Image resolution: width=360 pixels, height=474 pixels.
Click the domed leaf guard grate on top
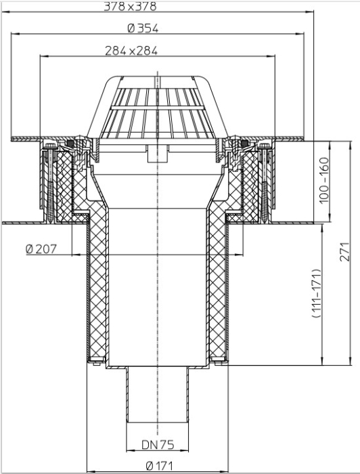pyautogui.click(x=159, y=108)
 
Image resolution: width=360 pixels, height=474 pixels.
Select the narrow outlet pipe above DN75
pyautogui.click(x=158, y=400)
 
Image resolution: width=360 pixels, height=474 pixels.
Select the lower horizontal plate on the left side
pyautogui.click(x=24, y=223)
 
